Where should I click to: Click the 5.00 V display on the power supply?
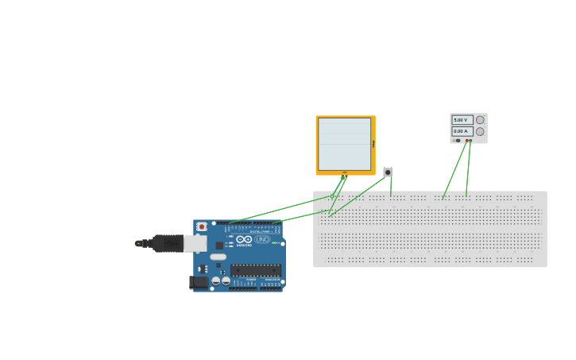462,120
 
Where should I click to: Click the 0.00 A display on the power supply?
462,131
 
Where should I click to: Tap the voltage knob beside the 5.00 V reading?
480,120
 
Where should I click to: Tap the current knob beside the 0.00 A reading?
480,131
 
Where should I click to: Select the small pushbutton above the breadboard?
388,172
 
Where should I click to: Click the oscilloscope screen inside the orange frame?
345,144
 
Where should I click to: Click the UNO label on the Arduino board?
262,239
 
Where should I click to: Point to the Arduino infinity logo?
244,239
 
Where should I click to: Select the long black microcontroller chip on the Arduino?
256,270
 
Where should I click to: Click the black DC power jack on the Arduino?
199,282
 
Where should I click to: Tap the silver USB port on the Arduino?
195,243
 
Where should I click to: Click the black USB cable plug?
168,243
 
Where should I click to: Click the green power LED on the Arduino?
274,242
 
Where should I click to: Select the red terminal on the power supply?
466,141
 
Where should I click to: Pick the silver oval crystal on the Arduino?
218,257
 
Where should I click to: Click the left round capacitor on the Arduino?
216,281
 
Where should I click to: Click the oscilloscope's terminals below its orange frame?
345,175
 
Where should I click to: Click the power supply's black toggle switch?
457,141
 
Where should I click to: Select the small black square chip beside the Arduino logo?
219,246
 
